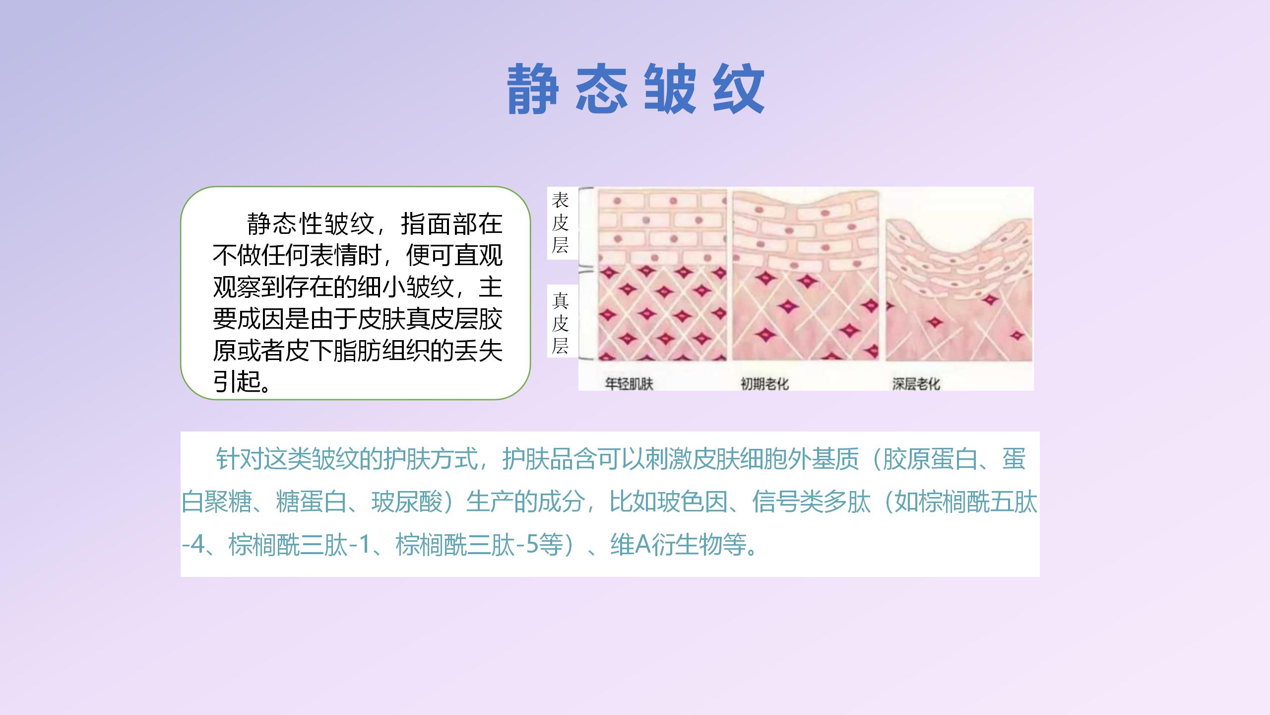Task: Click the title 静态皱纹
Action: click(635, 89)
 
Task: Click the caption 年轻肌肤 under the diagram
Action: click(629, 384)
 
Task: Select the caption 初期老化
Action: click(764, 384)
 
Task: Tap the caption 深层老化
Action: click(916, 384)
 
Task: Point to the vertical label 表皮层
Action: click(560, 223)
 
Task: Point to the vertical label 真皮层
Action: click(560, 323)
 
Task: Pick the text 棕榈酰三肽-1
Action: click(300, 545)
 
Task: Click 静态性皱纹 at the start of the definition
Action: click(310, 223)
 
